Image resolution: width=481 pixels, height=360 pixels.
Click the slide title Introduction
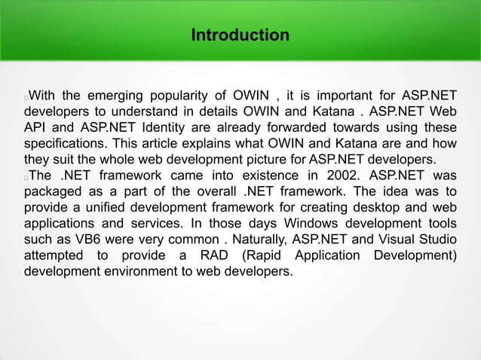tap(240, 35)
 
